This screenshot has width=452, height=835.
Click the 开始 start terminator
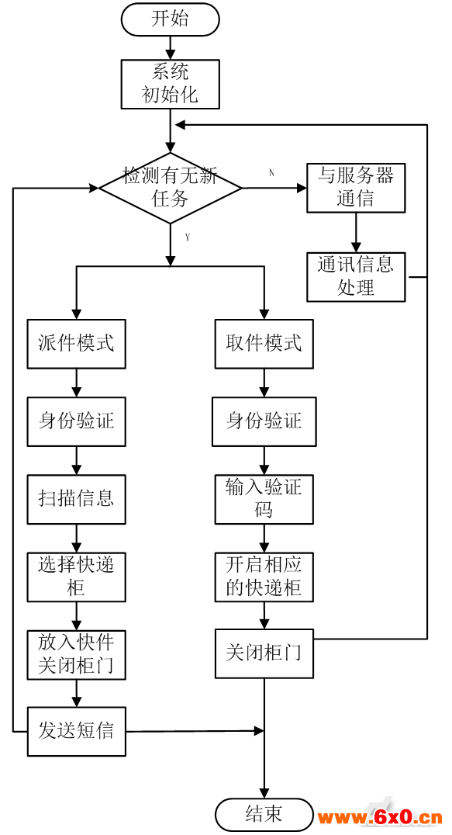click(x=170, y=19)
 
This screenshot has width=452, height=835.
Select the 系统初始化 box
click(x=170, y=85)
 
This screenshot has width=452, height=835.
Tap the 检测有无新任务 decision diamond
click(x=170, y=188)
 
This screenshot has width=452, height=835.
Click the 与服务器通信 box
click(x=356, y=188)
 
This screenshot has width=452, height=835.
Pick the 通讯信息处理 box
click(x=356, y=277)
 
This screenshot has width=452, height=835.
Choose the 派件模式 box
click(x=77, y=344)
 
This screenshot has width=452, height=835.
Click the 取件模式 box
click(x=264, y=344)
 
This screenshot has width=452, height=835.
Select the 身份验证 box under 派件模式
click(x=77, y=421)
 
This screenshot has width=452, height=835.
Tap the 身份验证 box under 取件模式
click(x=264, y=421)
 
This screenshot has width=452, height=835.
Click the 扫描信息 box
click(x=77, y=500)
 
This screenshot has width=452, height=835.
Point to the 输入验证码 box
click(x=264, y=500)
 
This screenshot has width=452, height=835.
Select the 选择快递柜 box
click(x=77, y=577)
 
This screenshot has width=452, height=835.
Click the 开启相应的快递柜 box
click(x=264, y=577)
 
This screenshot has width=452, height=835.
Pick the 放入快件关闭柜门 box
click(x=77, y=654)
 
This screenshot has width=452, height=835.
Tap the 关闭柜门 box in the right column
click(x=264, y=653)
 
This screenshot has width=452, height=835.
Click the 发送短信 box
click(x=77, y=731)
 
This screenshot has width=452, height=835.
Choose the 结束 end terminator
click(x=264, y=815)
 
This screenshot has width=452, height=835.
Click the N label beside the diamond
click(x=271, y=173)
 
